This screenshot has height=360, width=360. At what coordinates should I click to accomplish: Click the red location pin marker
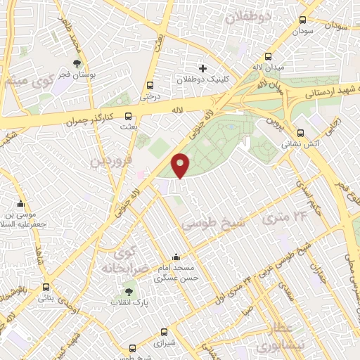pyautogui.click(x=180, y=165)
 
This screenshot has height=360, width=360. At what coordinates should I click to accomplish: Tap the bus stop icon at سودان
pyautogui.click(x=302, y=20)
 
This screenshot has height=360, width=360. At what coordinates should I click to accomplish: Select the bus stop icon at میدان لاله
pyautogui.click(x=267, y=57)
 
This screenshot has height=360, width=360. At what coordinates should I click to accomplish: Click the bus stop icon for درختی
pyautogui.click(x=149, y=85)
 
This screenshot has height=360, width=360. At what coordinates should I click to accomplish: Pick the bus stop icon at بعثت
pyautogui.click(x=127, y=117)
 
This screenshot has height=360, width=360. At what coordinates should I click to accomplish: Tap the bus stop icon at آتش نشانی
pyautogui.click(x=300, y=133)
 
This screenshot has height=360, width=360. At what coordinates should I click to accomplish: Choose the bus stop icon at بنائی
pyautogui.click(x=46, y=288)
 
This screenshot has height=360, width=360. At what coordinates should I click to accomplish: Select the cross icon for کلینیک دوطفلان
pyautogui.click(x=203, y=68)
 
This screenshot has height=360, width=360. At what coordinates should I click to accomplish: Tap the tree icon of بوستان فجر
pyautogui.click(x=77, y=63)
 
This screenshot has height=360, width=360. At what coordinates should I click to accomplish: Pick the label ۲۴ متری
pyautogui.click(x=286, y=217)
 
